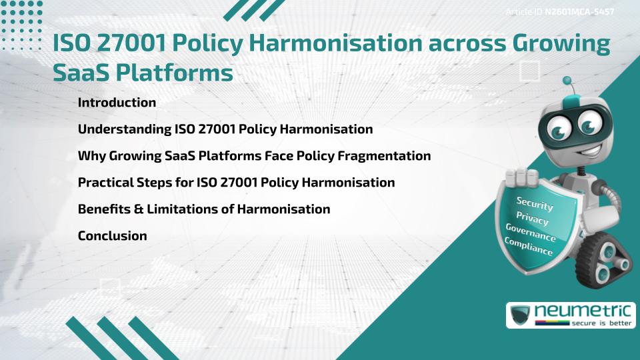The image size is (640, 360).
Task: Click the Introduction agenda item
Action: coord(117,103)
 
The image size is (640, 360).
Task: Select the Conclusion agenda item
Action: coord(112,236)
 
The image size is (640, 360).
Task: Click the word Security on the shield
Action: coord(535,203)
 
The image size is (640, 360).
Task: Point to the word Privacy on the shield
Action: coord(532,218)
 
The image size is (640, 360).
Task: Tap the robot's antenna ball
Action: coord(568,81)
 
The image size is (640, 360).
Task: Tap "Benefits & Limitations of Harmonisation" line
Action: coord(204,209)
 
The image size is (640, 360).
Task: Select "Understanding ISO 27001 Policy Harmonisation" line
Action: coord(225,129)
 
